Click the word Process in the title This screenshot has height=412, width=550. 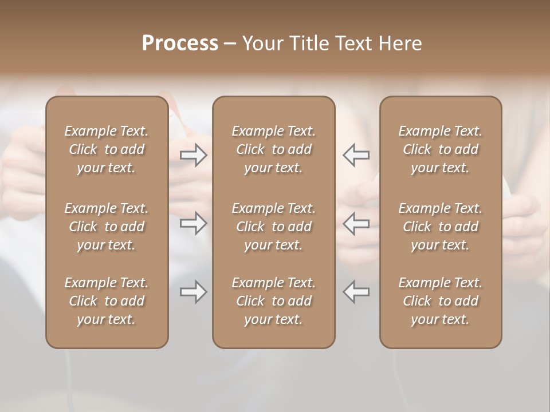(x=180, y=43)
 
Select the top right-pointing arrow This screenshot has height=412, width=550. (x=194, y=155)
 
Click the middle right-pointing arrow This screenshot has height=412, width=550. (x=194, y=223)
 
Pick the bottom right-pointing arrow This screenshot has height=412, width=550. (x=194, y=292)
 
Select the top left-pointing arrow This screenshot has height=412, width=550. (x=356, y=155)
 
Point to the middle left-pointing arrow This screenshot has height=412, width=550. (x=356, y=223)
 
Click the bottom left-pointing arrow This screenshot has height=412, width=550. (x=356, y=292)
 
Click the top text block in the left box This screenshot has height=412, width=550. (x=107, y=149)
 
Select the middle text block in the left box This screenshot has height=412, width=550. (x=107, y=227)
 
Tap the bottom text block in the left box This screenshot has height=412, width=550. (x=107, y=301)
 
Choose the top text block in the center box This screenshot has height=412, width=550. (x=273, y=149)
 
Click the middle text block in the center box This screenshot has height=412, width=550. (x=273, y=227)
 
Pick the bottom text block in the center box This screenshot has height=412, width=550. (x=273, y=301)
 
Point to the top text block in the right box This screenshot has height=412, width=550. (x=441, y=149)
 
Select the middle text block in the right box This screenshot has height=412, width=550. (x=441, y=227)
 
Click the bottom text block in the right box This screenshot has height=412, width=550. (x=441, y=301)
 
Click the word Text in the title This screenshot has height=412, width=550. (x=353, y=43)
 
